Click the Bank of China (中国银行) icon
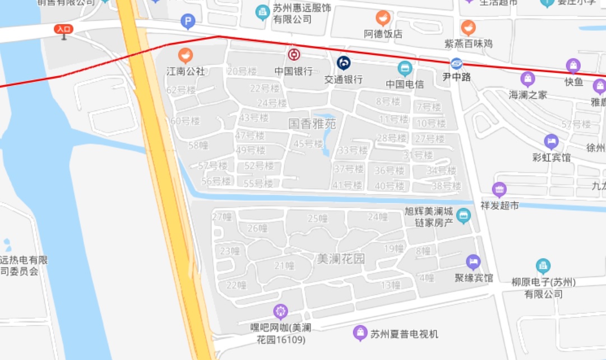coord(294,54)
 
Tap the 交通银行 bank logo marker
coord(344,63)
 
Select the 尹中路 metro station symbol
coord(457,64)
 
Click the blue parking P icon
coord(188,22)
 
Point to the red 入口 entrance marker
coord(63,30)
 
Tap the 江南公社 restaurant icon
coord(186,55)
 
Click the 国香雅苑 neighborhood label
coord(312,123)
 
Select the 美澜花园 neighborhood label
coord(341,259)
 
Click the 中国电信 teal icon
coord(405,69)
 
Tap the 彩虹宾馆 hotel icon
coord(552,141)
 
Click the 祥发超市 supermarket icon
coord(499,190)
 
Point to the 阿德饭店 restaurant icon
coord(383,18)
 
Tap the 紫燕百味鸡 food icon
coord(468,27)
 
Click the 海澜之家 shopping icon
coord(528,79)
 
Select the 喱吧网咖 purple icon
coord(280,311)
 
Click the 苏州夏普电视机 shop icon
coord(360,334)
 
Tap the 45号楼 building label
coord(308,144)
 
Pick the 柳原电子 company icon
coord(543,266)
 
